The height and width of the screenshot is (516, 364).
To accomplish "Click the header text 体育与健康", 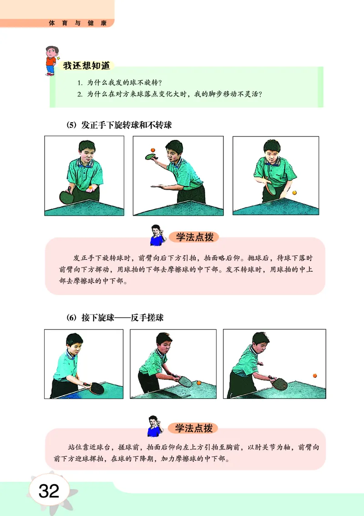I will click(x=77, y=23).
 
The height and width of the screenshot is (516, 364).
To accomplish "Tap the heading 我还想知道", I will click(x=86, y=66).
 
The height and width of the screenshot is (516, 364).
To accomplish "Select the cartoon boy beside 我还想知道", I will click(x=51, y=60).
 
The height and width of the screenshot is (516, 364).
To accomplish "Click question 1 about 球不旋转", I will click(x=120, y=83).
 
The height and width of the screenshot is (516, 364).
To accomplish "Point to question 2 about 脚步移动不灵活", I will click(x=171, y=94).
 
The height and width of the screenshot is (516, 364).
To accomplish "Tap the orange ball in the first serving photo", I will click(x=91, y=187).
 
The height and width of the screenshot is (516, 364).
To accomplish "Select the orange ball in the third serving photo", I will click(x=294, y=193).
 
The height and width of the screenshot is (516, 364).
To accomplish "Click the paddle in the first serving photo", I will click(x=67, y=197).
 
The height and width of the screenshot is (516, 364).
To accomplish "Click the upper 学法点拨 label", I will click(x=194, y=237).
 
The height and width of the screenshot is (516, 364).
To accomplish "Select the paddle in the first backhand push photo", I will click(x=96, y=388).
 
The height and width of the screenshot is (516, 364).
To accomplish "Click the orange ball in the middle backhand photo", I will click(x=198, y=383).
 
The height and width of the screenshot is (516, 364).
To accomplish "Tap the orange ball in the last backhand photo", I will click(x=314, y=376).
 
